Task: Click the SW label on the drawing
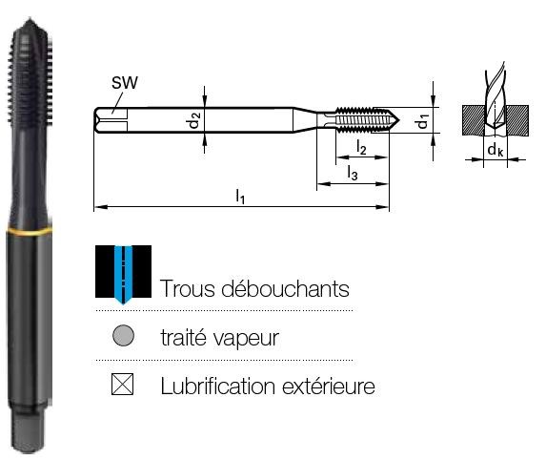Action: pos(125,83)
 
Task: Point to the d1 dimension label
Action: pos(423,121)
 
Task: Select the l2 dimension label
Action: pos(361,147)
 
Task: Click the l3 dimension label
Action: pos(353,173)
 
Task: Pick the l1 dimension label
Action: pos(240,196)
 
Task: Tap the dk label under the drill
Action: pos(495,150)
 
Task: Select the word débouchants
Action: pos(286,289)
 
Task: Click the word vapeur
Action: pos(246,339)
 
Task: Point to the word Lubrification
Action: pos(218,387)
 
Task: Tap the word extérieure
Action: pos(329,387)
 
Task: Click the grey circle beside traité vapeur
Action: pos(123,336)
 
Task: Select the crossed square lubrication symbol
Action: pos(122,385)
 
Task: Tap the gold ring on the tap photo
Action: pos(30,231)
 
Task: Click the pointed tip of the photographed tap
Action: pos(30,18)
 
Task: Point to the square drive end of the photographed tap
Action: pos(29,431)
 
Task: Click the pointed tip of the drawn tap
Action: pos(399,120)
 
